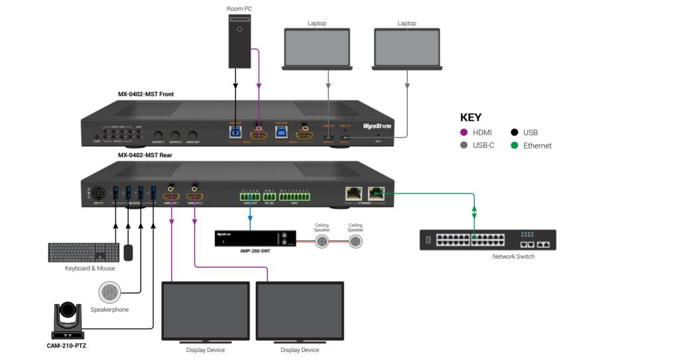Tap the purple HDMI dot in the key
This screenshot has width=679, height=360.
coord(464,133)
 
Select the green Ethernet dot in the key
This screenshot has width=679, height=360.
coord(515,146)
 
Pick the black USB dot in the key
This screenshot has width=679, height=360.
coord(515,133)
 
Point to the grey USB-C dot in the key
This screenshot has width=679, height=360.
coord(464,146)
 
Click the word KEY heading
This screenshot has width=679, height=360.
coord(471,117)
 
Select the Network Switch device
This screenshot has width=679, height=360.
coord(487,239)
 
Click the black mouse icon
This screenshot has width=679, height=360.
coord(128,253)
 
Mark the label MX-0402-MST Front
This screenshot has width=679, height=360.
coord(146,94)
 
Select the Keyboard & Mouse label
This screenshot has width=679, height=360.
coord(90,269)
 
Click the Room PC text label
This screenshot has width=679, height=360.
coord(239,9)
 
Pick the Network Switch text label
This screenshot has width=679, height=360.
coord(513,257)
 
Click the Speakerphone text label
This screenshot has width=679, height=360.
coord(109,310)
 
